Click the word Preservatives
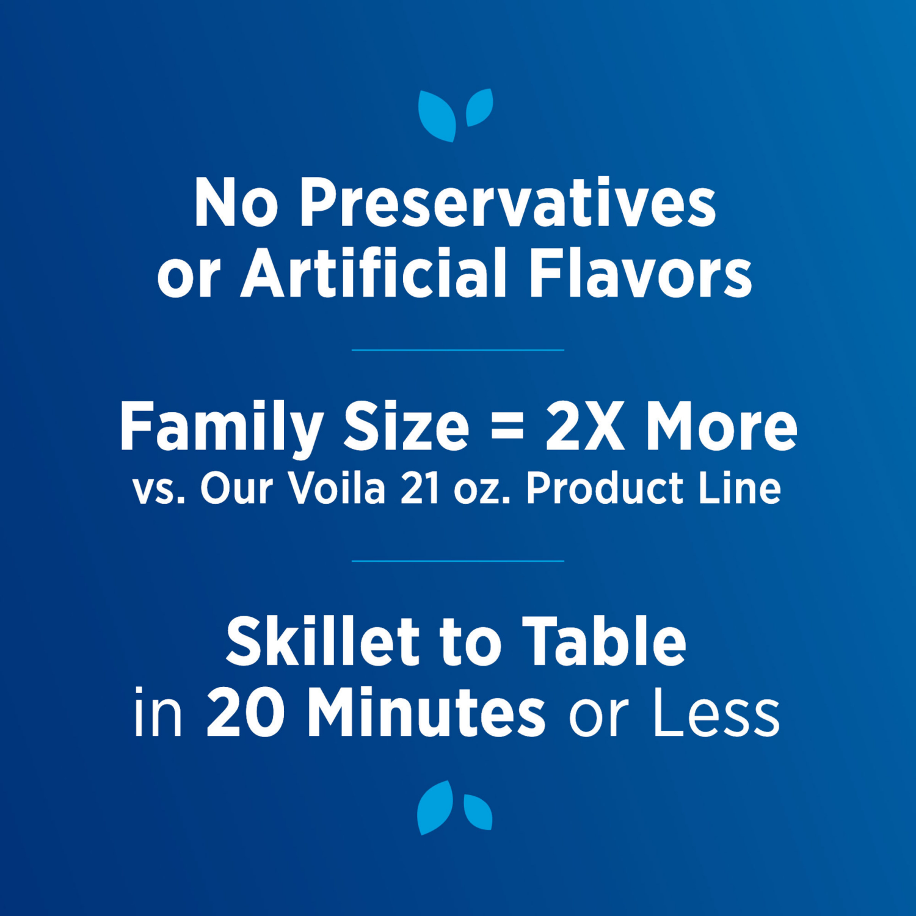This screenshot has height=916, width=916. click(507, 203)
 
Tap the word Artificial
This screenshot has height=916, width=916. click(374, 273)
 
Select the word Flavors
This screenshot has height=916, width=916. click(641, 273)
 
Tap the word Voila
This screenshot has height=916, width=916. click(336, 489)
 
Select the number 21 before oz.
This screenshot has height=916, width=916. click(420, 489)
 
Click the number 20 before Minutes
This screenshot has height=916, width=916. click(245, 712)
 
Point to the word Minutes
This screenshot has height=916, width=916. click(426, 712)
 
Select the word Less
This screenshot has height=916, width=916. click(716, 712)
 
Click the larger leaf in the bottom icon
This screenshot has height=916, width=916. click(435, 807)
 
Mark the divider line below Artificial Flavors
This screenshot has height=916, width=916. click(458, 350)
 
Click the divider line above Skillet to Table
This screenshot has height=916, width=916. click(458, 561)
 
